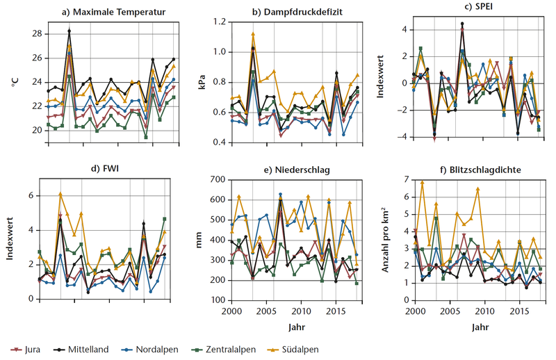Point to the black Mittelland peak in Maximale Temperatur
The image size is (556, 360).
click(x=69, y=31)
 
